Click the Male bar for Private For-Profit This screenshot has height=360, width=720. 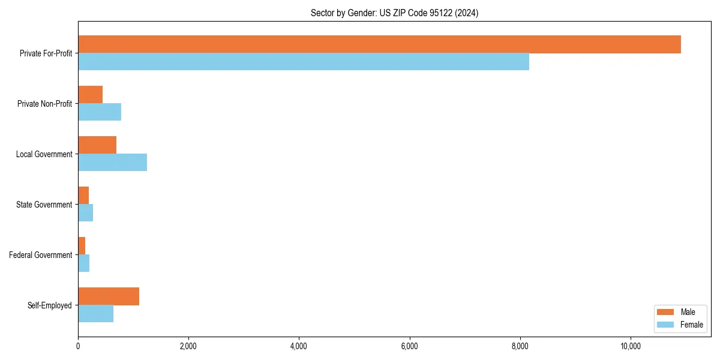pos(379,44)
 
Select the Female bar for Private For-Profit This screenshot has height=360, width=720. pos(304,62)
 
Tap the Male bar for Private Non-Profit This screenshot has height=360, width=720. pos(90,95)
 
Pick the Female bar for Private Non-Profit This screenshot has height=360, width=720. pos(100,112)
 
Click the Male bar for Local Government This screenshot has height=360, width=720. pos(97,145)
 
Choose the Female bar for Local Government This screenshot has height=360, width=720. pos(112,163)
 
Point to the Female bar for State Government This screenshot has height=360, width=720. pos(85,213)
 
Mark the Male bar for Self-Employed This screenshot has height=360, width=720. pos(109,296)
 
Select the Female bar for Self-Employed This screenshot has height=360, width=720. pos(95,314)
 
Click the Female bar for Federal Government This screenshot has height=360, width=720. pos(83,263)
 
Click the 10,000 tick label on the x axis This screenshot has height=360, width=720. pos(631,346)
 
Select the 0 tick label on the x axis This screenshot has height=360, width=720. pos(78,346)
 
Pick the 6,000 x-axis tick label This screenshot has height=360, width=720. pos(409,346)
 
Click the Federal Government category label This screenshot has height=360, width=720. pos(41,255)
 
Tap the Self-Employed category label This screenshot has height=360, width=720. pos(50,305)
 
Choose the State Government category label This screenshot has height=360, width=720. pos(44,205)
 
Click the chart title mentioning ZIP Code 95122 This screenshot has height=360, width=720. pos(394,13)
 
